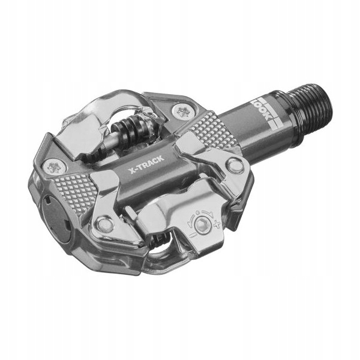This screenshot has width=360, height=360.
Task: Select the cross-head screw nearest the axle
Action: pyautogui.click(x=181, y=110)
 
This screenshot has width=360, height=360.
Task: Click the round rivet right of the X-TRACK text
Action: pyautogui.click(x=235, y=166)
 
